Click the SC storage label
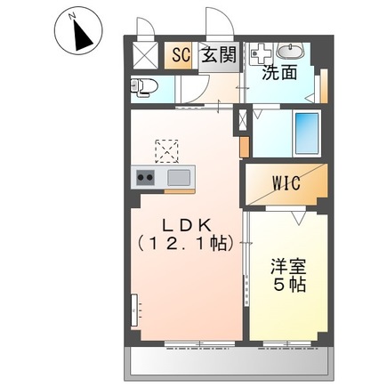point(181,55)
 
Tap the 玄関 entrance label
point(219,54)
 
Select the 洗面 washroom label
point(279,72)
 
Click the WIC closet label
point(286,183)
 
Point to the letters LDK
point(187,226)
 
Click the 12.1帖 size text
point(186,244)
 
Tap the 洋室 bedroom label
point(287,267)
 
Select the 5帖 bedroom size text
point(289,285)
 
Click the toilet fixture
point(144,87)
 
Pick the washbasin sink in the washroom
point(290,51)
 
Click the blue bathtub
point(307,133)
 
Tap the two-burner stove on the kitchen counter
point(145,178)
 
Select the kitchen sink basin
point(179,178)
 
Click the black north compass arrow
point(82,34)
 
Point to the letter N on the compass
point(71,16)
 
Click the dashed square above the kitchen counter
point(166,151)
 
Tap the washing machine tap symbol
point(261,53)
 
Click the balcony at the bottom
point(230,362)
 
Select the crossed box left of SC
point(146,55)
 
